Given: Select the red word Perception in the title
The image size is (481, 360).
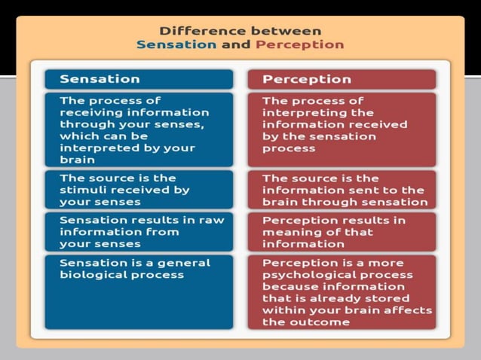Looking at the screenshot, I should tap(299, 44).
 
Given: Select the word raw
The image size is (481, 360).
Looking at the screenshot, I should tap(212, 220).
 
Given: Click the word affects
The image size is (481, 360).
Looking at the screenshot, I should tap(410, 310).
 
